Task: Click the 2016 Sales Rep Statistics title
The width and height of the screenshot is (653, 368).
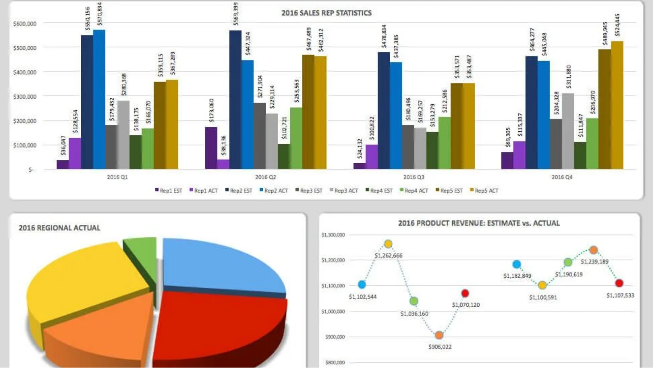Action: [326, 13]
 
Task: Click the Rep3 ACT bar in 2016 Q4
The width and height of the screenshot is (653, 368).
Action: [568, 131]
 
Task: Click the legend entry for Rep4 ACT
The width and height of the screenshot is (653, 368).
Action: [414, 191]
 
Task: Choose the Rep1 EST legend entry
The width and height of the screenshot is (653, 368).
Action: [169, 191]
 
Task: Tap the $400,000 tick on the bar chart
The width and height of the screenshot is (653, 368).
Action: [25, 72]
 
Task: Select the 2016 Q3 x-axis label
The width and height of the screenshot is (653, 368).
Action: [413, 177]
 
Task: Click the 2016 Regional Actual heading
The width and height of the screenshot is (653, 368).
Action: [59, 228]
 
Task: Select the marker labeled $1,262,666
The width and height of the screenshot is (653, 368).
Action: [388, 244]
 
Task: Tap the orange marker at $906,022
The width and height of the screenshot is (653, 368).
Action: [439, 335]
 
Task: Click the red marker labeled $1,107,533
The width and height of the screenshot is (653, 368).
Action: [619, 283]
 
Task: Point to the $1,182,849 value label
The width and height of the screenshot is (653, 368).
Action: [517, 276]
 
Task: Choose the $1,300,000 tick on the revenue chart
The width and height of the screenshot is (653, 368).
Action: [333, 235]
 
